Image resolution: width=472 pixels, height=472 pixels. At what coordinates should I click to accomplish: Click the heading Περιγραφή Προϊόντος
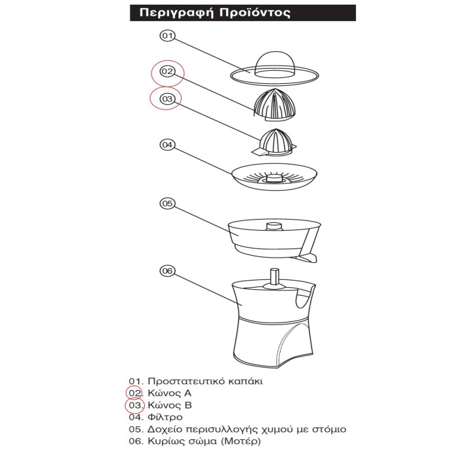coord(215,13)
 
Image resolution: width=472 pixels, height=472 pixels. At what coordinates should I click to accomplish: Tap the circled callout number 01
coord(167,36)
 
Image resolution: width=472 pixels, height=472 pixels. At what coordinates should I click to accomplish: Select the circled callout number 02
coord(167,71)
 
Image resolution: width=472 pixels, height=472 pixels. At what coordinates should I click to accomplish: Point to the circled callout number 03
coord(167,99)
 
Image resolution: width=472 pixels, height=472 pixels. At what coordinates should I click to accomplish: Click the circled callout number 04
coord(167,145)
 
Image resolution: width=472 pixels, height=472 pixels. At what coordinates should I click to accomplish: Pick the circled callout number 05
coord(167,203)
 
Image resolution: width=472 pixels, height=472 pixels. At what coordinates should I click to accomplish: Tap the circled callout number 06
coord(167,271)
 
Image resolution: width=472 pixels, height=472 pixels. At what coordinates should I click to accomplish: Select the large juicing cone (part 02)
coord(273,104)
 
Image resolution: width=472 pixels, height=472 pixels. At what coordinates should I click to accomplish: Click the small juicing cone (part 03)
coord(275,142)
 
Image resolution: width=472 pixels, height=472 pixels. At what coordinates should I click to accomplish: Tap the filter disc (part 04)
coord(274,177)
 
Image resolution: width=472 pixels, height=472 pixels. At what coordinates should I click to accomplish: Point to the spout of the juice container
coord(307,258)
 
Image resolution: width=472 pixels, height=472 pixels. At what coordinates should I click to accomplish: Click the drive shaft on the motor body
coord(274,277)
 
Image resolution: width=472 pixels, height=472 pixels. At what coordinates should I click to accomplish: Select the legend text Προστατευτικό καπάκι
coord(205,382)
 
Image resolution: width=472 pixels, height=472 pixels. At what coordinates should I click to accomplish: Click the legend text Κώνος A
coord(170,393)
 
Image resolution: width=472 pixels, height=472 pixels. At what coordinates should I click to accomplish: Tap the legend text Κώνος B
coord(170,405)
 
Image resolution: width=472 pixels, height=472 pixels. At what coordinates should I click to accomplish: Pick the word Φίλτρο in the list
coord(165,417)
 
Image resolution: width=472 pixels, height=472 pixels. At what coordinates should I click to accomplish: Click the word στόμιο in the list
coord(329,429)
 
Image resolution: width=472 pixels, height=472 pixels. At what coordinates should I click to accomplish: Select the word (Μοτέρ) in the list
coord(241,441)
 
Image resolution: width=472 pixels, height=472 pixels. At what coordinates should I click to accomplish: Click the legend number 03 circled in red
coord(135,405)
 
